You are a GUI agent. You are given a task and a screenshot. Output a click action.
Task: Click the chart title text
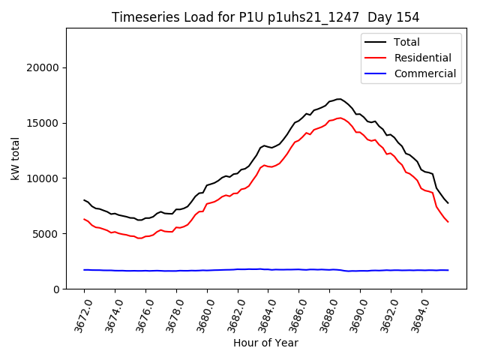(265, 17)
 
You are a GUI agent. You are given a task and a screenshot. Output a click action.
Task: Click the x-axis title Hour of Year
(265, 343)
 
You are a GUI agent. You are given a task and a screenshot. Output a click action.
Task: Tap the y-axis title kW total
(15, 158)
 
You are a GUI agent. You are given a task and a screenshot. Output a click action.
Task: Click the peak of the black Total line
(339, 99)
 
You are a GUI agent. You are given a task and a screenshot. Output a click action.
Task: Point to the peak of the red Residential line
(339, 118)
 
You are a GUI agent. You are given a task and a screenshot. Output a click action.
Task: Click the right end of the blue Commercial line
(448, 270)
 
